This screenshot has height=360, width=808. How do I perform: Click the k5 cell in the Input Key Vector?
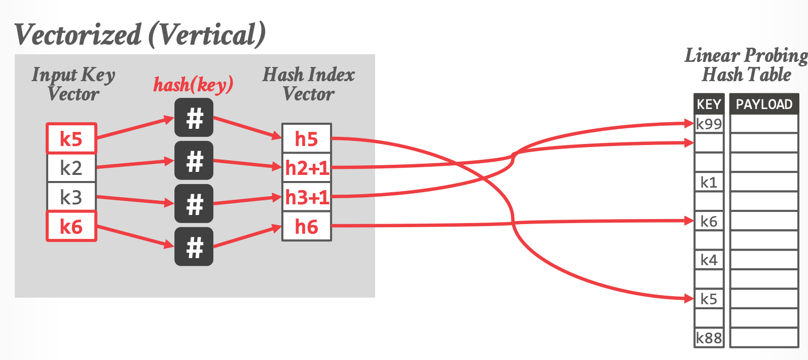coord(71,138)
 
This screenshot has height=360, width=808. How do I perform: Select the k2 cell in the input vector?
coord(71,168)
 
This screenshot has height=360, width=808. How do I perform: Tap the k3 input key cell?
coord(71,197)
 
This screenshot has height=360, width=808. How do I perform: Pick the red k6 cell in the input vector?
coord(71,226)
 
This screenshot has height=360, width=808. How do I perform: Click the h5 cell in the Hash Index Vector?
coord(306,138)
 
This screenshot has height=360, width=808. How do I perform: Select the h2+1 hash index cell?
coord(306,168)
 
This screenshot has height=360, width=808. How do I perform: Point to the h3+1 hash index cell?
coord(306,197)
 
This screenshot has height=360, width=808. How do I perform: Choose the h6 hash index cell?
coord(306,226)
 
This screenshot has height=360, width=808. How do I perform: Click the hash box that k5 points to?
coord(194,118)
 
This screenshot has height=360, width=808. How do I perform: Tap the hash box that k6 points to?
coord(194,247)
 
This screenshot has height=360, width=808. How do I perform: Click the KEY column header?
coord(709,104)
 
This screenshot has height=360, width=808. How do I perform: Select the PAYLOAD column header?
coord(764,104)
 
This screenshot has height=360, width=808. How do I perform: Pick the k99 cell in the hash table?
coord(709,124)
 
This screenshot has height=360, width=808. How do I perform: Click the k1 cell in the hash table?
coord(709,182)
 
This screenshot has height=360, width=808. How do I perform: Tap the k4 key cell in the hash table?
coord(709,260)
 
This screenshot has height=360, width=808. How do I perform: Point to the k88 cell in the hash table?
coord(709,338)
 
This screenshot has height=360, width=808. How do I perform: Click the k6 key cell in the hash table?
coord(709,221)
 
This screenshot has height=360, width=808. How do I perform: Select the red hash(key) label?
coord(193,84)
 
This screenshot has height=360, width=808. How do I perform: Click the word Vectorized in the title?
coord(78,34)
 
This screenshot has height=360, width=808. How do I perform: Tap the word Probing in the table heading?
coord(776,55)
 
